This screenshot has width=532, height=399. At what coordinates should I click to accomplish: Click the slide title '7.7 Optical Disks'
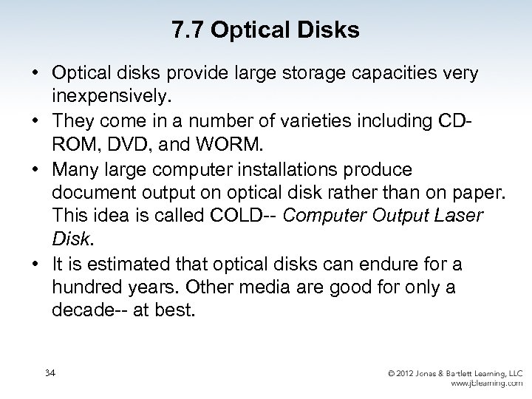point(265,30)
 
